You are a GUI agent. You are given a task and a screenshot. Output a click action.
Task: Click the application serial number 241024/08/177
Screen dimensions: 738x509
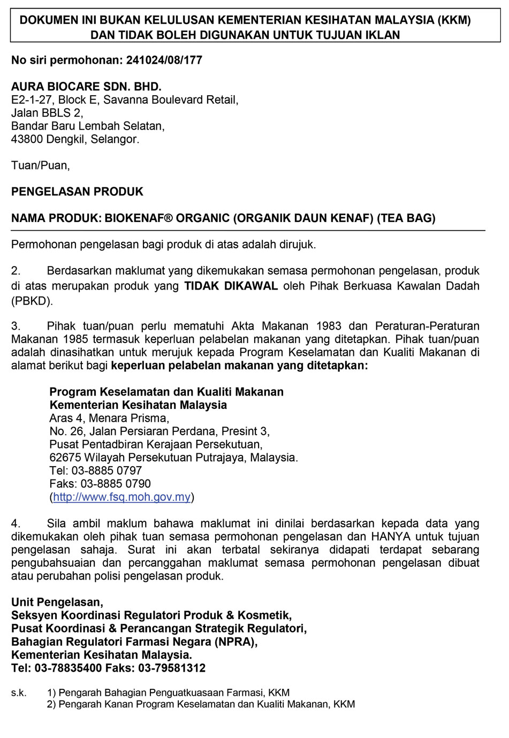[x=164, y=60]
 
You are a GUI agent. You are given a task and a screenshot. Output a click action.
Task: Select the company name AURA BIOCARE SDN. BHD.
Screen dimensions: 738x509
[x=86, y=87]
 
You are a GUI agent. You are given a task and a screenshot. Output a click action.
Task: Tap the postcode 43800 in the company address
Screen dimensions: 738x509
[x=27, y=139]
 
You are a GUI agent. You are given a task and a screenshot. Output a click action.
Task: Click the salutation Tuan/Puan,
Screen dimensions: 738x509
[x=41, y=165]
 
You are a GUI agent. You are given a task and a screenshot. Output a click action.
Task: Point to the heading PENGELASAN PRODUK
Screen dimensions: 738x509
[x=77, y=191]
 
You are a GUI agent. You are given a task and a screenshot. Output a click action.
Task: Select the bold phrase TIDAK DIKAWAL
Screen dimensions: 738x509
[x=231, y=285]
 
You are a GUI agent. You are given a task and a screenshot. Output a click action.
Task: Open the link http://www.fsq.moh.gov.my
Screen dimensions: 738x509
[x=122, y=497]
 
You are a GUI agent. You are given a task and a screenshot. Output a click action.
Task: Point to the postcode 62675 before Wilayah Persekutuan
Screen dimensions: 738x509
[x=64, y=457]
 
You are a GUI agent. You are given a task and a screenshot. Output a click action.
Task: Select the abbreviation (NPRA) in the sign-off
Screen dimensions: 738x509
[x=237, y=642]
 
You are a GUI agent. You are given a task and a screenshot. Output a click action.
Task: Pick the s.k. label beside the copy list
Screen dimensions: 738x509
[x=19, y=693]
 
